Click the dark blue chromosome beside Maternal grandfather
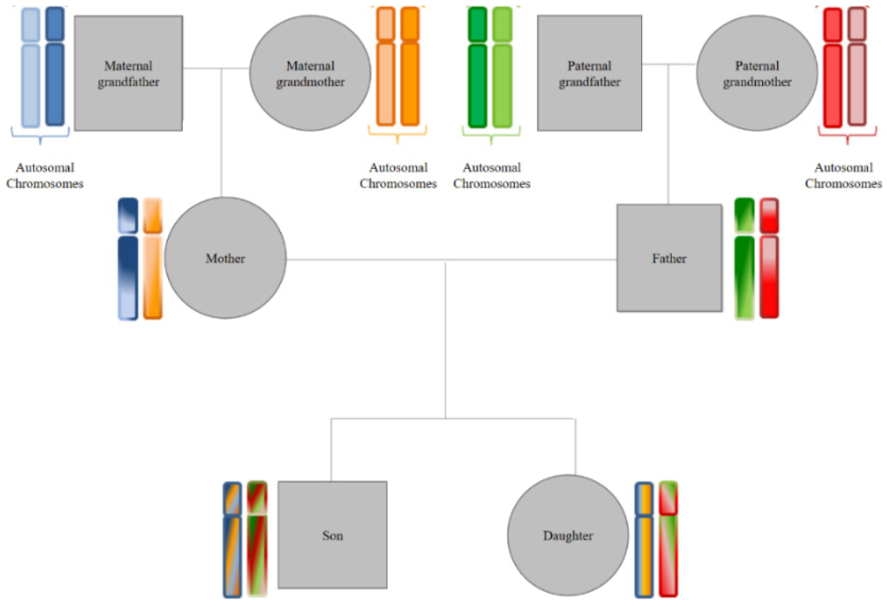point(55,84)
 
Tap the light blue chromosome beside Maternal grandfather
point(30,84)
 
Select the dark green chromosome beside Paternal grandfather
point(477,84)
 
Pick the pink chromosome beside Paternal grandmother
point(857,84)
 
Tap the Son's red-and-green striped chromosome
point(257,553)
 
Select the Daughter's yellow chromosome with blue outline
point(644,553)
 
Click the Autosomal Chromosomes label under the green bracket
point(491,175)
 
